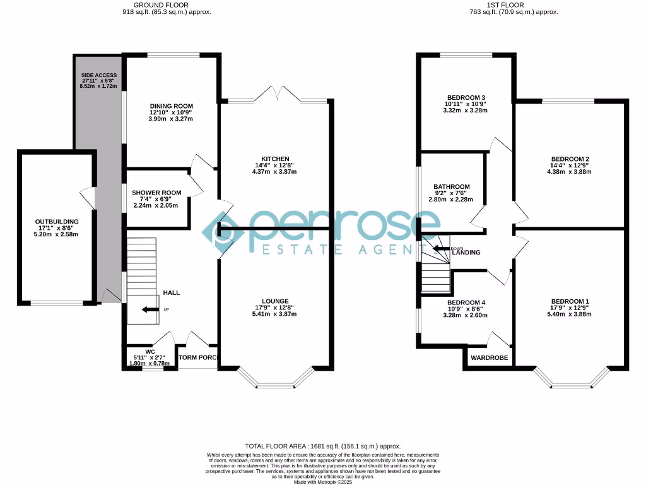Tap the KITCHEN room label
(x=275, y=159)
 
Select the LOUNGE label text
(x=275, y=301)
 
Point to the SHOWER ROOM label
(x=156, y=193)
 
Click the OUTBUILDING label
(x=57, y=222)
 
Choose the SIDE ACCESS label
(x=98, y=75)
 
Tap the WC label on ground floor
(x=150, y=351)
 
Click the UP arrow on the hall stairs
(x=149, y=309)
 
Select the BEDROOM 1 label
(x=570, y=301)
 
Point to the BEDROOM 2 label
(x=570, y=159)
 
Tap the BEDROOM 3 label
(x=466, y=97)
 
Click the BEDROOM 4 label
(x=466, y=302)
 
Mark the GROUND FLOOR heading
(x=168, y=4)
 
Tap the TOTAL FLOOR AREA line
(x=322, y=446)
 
